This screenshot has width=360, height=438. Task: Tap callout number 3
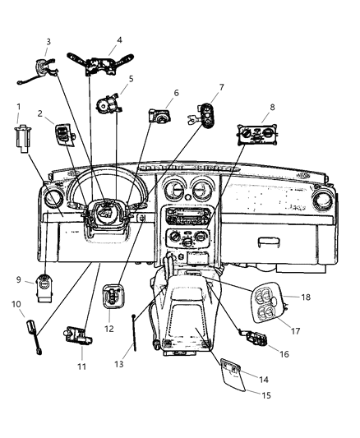[48, 41]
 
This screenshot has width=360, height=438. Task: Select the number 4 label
[119, 39]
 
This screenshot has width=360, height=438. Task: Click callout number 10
[16, 305]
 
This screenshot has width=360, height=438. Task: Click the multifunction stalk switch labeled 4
[104, 62]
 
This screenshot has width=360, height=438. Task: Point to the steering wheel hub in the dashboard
[104, 215]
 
